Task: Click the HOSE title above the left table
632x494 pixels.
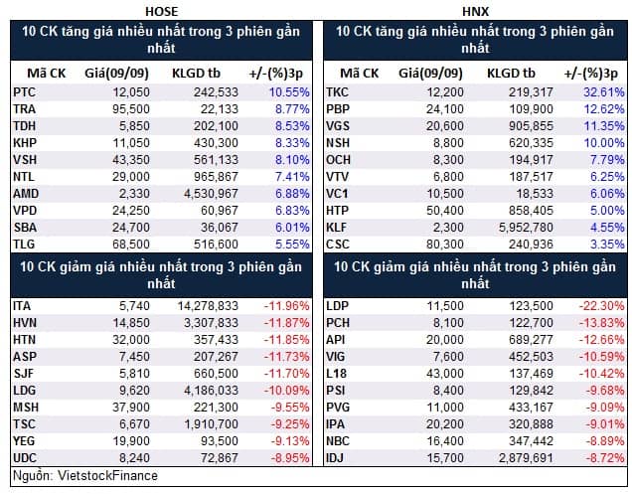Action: tap(161, 11)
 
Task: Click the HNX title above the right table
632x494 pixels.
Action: tap(475, 11)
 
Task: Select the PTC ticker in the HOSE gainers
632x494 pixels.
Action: tap(24, 92)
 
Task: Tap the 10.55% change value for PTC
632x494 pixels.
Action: tap(289, 92)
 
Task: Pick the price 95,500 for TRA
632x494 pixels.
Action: tap(131, 109)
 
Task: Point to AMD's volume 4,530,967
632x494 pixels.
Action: tap(212, 194)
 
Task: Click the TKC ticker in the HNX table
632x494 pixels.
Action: tap(337, 92)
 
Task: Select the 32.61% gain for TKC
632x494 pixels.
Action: tap(604, 92)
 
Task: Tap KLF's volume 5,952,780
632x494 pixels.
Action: tap(526, 228)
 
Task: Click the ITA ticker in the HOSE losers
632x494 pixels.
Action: tap(22, 306)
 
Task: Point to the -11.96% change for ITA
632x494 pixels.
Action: tap(286, 306)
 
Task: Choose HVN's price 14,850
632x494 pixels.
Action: tap(131, 323)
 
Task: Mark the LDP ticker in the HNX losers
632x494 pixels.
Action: tap(337, 306)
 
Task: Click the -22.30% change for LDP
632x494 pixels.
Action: tap(601, 306)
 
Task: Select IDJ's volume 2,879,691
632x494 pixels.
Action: tap(526, 458)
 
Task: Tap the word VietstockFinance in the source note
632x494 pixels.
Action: tap(107, 476)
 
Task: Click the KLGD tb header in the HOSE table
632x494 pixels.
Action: tap(197, 74)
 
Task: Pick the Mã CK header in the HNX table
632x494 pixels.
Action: tap(360, 74)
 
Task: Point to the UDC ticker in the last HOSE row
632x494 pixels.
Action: tap(25, 458)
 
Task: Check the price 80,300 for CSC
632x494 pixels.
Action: tap(445, 245)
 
